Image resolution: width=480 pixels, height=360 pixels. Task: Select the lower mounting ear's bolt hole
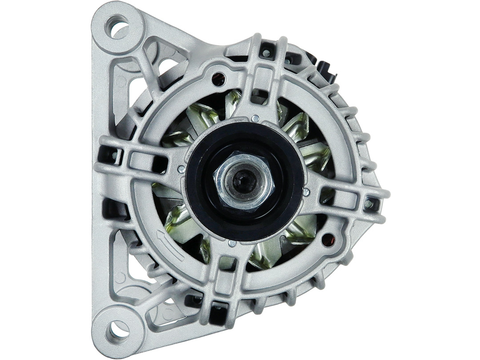coord(118,330)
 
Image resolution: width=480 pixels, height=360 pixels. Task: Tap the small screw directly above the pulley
coord(255,118)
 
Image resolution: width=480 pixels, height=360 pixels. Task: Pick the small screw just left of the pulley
coord(181,169)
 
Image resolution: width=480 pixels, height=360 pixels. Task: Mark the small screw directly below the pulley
coord(232,243)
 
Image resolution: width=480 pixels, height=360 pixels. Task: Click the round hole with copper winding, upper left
coord(218,79)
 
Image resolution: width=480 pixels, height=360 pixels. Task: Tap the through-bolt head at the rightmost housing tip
coord(368,204)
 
